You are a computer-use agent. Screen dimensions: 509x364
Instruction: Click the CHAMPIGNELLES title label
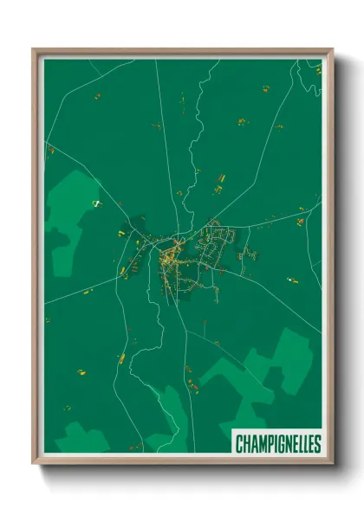[277, 444]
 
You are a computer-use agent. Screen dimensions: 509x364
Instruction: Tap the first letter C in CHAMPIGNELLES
[240, 444]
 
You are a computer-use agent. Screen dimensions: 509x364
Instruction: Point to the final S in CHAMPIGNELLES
[317, 444]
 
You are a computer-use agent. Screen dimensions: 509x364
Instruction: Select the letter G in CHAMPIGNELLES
[277, 444]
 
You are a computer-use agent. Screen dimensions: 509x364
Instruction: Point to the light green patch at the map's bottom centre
[169, 416]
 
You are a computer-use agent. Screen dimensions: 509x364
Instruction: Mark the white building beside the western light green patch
[97, 203]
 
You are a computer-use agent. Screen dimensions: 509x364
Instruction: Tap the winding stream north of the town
[196, 130]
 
